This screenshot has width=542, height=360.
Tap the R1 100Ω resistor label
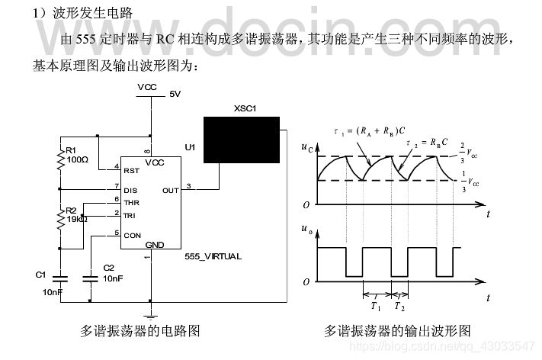[x=77, y=155]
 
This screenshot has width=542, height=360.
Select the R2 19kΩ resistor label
[x=77, y=214]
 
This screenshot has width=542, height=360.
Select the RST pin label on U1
[x=131, y=170]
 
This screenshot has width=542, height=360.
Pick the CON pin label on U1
[x=132, y=236]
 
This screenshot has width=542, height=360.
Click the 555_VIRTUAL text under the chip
[x=213, y=257]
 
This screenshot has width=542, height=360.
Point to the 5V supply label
[x=175, y=95]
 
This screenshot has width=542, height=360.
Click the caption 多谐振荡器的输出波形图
[x=397, y=331]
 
